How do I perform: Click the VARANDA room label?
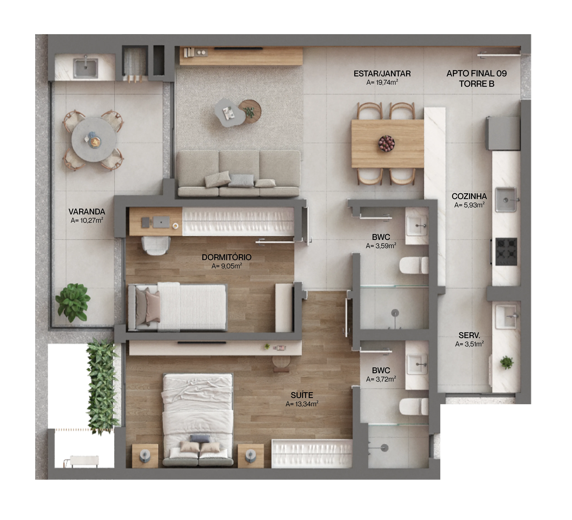click(87, 212)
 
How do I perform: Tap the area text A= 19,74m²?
click(382, 82)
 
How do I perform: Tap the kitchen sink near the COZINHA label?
click(506, 200)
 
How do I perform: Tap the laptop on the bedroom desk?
click(161, 222)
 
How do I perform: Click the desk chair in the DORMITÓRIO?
click(156, 245)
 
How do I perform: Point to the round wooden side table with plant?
click(250, 111)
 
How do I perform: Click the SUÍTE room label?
click(302, 395)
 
